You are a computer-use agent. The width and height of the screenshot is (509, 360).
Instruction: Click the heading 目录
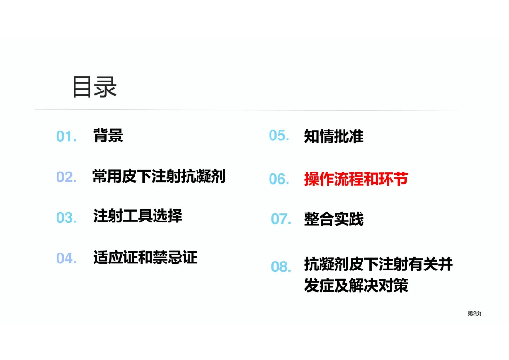coord(94,87)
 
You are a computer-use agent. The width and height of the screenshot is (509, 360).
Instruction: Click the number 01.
coord(66,137)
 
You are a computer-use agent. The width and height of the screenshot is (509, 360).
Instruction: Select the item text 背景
coord(108,136)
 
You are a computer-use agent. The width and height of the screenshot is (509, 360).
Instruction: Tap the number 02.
coord(66,177)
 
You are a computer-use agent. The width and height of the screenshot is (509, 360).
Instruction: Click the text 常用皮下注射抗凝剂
coord(159,177)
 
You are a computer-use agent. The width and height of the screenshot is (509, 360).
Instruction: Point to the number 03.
coord(66,218)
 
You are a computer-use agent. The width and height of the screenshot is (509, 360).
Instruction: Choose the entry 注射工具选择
coord(138,216)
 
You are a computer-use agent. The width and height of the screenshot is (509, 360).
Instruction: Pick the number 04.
coord(66,258)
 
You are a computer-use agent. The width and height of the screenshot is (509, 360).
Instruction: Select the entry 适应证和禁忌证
coord(145,257)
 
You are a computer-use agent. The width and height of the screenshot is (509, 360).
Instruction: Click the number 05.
coord(279,136)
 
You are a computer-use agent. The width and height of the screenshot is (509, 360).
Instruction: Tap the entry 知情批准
coord(334,136)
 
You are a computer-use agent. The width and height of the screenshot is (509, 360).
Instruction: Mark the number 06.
coord(279,179)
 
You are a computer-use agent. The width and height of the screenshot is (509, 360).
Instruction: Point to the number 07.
coord(281,219)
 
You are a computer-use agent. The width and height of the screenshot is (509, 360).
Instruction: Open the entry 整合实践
coord(334,219)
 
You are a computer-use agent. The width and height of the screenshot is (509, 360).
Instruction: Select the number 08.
coord(281,267)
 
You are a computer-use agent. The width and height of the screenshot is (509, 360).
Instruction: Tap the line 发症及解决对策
coord(356,286)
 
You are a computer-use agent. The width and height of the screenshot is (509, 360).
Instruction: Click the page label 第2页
coord(474,314)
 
